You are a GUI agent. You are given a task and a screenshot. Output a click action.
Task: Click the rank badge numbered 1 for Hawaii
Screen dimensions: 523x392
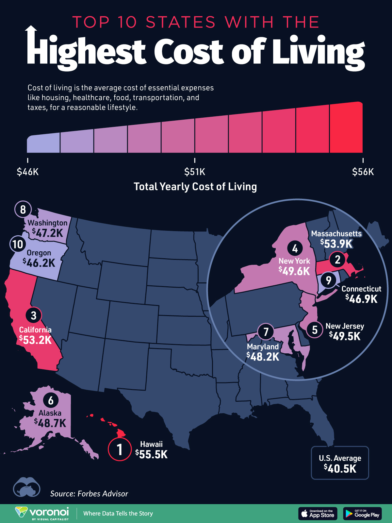(x=120, y=449)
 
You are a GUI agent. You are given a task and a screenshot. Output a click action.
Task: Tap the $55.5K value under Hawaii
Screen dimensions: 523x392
(x=152, y=454)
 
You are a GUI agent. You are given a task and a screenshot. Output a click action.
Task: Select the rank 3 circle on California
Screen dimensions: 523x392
(x=34, y=315)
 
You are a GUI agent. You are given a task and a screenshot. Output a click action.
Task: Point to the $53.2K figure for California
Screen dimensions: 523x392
(x=36, y=340)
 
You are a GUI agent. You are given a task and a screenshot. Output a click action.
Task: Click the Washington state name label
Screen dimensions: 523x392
(x=47, y=223)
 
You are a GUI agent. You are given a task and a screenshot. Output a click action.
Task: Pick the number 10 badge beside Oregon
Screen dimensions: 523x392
(x=18, y=244)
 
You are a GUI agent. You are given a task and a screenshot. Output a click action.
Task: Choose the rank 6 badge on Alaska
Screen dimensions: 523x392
(x=51, y=400)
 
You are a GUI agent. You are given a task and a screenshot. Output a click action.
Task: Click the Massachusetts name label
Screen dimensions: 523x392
(x=336, y=234)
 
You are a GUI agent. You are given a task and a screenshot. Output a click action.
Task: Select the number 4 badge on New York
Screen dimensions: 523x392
(x=295, y=249)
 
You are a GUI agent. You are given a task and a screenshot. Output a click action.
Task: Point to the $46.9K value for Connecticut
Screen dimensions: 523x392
(x=362, y=298)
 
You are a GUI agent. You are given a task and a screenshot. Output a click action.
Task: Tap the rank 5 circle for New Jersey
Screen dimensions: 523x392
(x=315, y=329)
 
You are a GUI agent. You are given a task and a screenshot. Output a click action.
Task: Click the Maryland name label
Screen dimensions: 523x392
(x=263, y=346)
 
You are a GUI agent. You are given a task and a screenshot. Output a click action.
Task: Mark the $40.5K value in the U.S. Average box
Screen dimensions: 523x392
(x=340, y=468)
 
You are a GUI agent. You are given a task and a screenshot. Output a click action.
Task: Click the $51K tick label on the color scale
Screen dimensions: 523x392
(x=195, y=172)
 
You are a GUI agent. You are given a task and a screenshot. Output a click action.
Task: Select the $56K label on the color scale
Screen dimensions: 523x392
(x=363, y=172)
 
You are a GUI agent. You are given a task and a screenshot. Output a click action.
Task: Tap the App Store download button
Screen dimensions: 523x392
(x=318, y=514)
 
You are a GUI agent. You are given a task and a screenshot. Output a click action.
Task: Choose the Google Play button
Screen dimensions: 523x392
(x=362, y=514)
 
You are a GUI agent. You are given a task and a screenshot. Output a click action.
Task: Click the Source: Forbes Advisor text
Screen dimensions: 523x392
(x=89, y=494)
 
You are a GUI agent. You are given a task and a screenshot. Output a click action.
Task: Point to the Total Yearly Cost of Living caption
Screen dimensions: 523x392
(x=195, y=187)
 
